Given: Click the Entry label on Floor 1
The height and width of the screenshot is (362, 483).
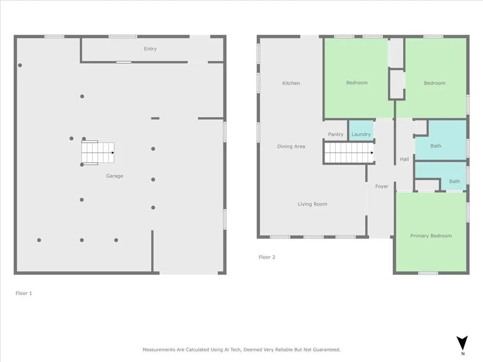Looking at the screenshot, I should [x=150, y=49].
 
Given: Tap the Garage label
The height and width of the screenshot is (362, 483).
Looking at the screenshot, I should [x=114, y=176].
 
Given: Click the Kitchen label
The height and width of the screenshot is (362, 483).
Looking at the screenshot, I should [x=291, y=83].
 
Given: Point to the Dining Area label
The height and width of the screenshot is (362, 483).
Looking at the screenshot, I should [x=291, y=147].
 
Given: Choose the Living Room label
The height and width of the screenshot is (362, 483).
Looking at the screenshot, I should [x=312, y=204].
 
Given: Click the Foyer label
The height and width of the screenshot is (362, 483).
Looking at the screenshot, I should [x=382, y=187].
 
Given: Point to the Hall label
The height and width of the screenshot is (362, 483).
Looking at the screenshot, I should [x=404, y=159].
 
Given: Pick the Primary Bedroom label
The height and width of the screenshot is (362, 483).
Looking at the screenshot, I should [x=431, y=236].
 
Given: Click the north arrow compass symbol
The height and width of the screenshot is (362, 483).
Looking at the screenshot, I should [x=463, y=343].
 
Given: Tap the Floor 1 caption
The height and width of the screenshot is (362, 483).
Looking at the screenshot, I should [x=24, y=293].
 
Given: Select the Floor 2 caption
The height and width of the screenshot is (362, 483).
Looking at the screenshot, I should [x=266, y=257].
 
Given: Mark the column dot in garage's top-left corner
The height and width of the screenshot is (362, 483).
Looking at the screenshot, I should [x=20, y=66].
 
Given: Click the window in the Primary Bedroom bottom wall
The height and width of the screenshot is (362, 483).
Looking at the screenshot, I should [x=428, y=273].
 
